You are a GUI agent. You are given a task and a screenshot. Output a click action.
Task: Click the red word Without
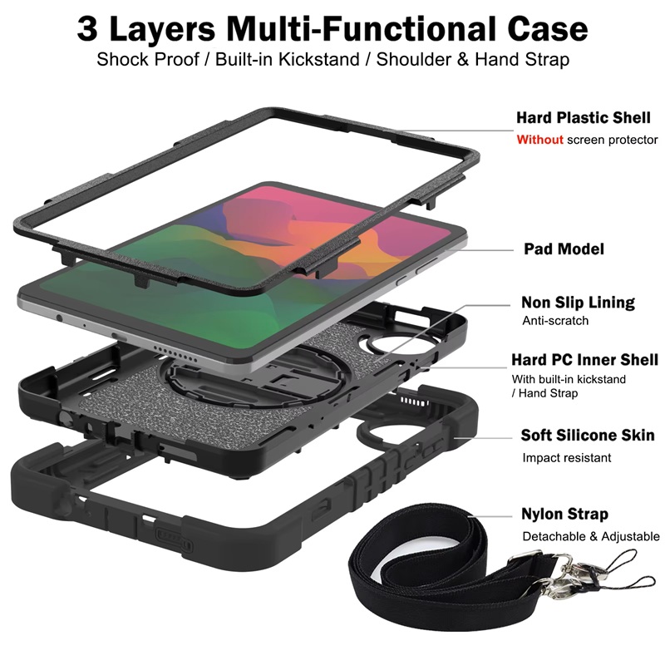(x=539, y=140)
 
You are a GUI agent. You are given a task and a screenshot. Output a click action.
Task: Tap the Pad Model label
(x=564, y=249)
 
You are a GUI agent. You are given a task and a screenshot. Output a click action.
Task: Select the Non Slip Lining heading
(x=578, y=303)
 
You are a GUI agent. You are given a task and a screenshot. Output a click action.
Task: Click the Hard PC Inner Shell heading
(x=584, y=360)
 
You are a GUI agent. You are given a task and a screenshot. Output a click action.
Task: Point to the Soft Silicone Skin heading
(x=588, y=435)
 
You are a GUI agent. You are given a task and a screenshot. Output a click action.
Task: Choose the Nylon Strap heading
(x=564, y=514)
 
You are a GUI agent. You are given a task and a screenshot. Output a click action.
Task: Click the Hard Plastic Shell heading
(x=584, y=117)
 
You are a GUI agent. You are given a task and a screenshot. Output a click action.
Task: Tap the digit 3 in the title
(x=87, y=29)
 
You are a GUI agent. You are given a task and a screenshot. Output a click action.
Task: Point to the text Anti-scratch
(x=555, y=321)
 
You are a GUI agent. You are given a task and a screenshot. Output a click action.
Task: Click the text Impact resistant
(x=567, y=458)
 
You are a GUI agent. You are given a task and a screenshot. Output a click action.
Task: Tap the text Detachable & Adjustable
(x=591, y=536)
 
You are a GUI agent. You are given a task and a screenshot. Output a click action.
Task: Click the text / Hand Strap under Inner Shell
(x=544, y=393)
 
